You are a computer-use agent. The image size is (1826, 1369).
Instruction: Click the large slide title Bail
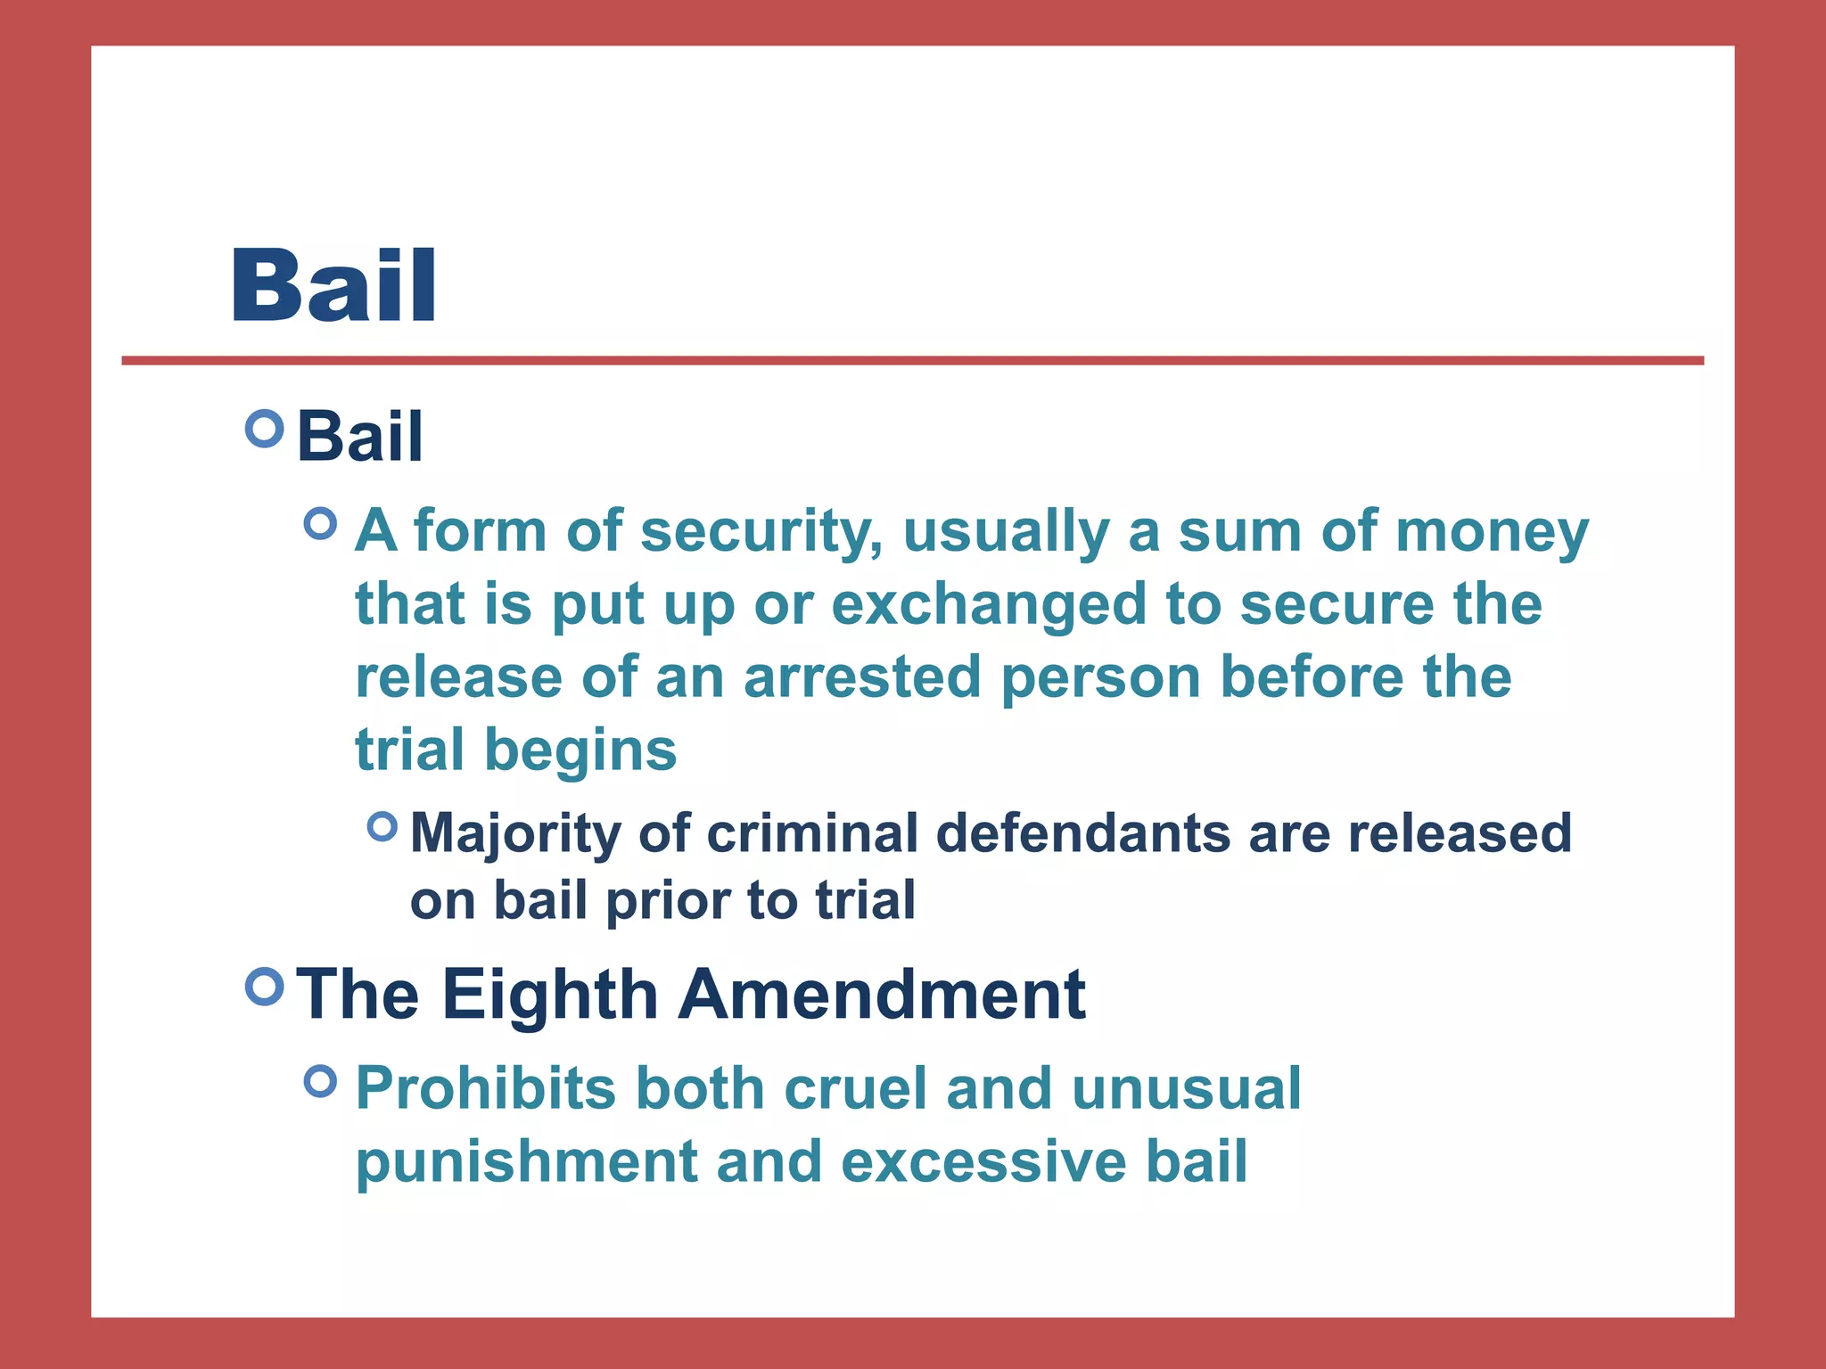334,285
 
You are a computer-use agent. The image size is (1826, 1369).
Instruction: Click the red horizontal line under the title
912,361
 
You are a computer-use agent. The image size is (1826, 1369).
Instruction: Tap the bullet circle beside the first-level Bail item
264,430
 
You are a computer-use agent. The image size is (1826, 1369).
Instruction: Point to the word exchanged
988,604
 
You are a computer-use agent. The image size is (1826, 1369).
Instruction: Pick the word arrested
862,677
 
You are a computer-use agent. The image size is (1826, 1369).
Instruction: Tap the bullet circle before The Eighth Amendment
264,987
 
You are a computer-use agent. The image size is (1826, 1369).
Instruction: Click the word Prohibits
486,1088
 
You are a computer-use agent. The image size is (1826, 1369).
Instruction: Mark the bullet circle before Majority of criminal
382,826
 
